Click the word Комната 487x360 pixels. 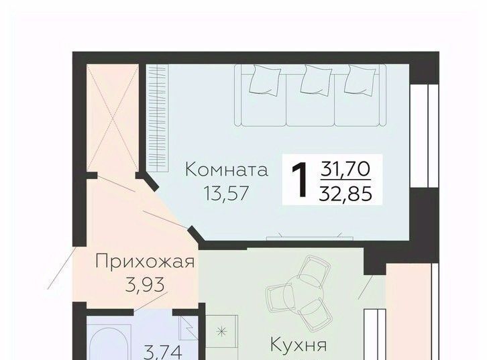point(227,170)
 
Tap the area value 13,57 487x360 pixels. point(227,193)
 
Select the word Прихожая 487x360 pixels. point(145,261)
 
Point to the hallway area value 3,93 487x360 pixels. point(145,285)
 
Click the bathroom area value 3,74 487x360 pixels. point(163,353)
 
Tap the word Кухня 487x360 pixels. point(299,345)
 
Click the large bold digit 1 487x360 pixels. point(300,180)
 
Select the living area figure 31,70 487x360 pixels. point(345,170)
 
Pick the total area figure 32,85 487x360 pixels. point(345,194)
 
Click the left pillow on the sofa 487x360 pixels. point(265,80)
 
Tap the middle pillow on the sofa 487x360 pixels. point(317,80)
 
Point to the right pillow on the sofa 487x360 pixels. point(360,80)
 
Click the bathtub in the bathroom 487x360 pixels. point(110,343)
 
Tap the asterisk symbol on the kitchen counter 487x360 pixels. point(221,332)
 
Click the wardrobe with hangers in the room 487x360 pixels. point(157,118)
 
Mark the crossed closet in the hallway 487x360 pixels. point(113,118)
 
